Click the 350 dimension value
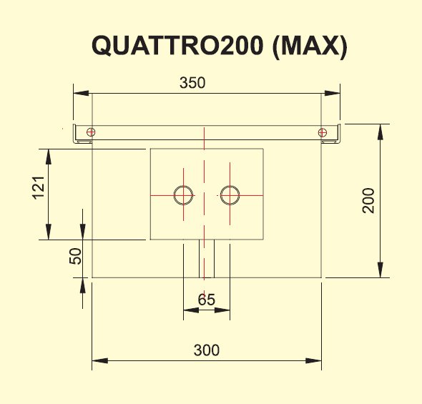(192, 83)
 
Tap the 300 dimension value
(207, 350)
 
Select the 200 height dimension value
(368, 201)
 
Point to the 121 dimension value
(38, 188)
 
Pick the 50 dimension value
(75, 256)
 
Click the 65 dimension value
(207, 300)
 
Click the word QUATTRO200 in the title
(177, 46)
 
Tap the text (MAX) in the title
(309, 46)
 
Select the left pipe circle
(184, 186)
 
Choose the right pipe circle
(230, 186)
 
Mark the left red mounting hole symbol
(91, 132)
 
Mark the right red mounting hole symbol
(323, 132)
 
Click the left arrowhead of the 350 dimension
(81, 94)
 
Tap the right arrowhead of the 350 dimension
(333, 94)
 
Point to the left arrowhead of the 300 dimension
(100, 360)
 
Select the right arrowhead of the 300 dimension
(313, 360)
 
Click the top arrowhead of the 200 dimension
(380, 132)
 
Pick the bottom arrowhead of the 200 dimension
(380, 270)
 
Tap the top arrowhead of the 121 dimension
(49, 157)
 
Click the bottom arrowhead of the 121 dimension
(49, 232)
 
